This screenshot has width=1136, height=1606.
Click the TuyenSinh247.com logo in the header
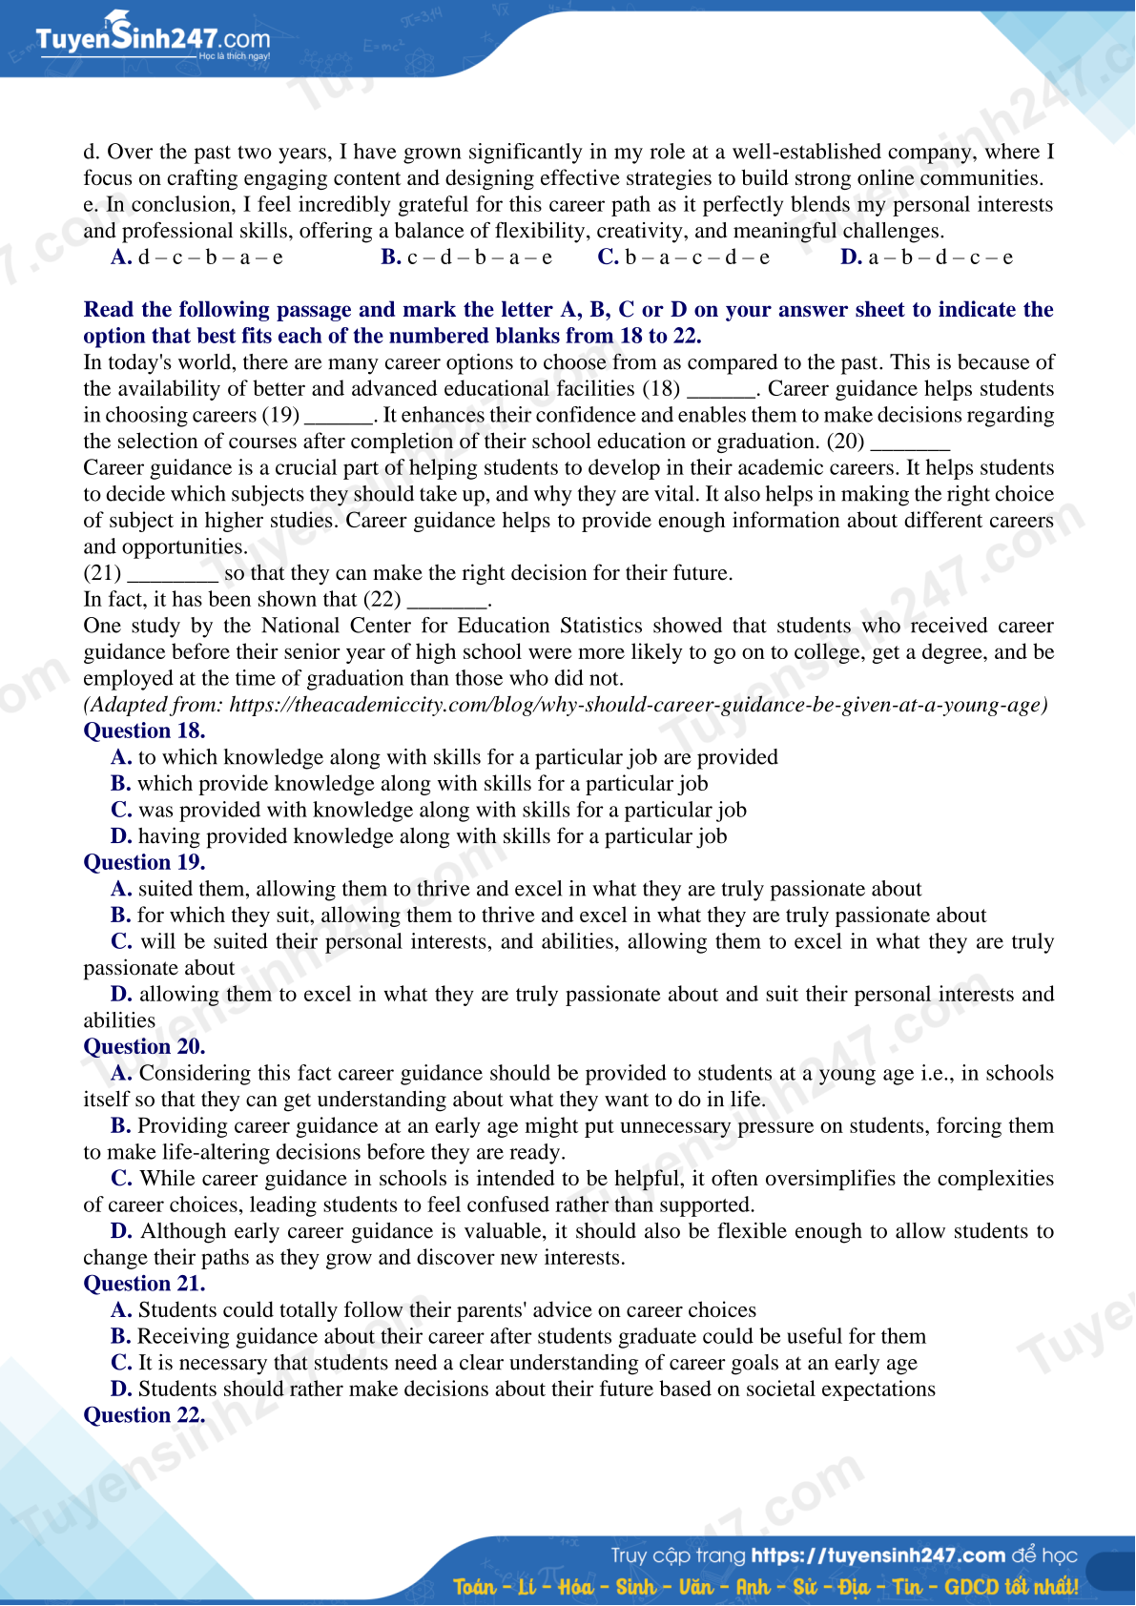click(x=153, y=39)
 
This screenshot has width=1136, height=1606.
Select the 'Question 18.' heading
click(x=144, y=731)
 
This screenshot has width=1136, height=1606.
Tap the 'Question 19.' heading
click(x=144, y=863)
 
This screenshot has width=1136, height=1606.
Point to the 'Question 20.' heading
click(x=144, y=1047)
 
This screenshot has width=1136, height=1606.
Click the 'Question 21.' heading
click(x=144, y=1285)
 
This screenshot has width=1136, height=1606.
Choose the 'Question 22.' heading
click(x=144, y=1416)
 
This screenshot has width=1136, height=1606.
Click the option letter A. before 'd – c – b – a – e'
click(x=121, y=257)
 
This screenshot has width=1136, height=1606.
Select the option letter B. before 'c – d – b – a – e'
click(x=391, y=257)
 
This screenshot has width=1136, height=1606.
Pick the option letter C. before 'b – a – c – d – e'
click(x=609, y=257)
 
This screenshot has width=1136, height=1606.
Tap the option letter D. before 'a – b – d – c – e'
click(x=852, y=257)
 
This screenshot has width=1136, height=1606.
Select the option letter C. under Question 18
click(x=121, y=811)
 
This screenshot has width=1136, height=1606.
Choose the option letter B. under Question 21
click(x=121, y=1337)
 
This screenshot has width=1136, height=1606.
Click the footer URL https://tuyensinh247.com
click(x=878, y=1555)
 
